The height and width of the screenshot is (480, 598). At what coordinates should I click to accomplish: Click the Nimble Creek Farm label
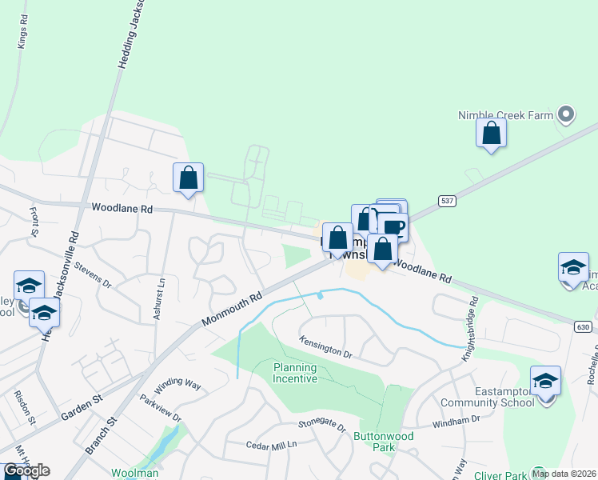(505, 115)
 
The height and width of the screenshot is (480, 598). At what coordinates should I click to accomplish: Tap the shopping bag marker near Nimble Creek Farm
(491, 132)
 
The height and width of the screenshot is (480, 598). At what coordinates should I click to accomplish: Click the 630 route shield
(584, 326)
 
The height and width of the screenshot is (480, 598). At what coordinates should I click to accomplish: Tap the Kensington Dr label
(325, 346)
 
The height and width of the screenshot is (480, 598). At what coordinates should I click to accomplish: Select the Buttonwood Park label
(376, 442)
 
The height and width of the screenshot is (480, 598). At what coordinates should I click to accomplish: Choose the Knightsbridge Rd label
(468, 328)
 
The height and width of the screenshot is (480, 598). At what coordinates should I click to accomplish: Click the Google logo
(26, 470)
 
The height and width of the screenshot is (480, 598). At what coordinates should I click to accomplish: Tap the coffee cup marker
(393, 227)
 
